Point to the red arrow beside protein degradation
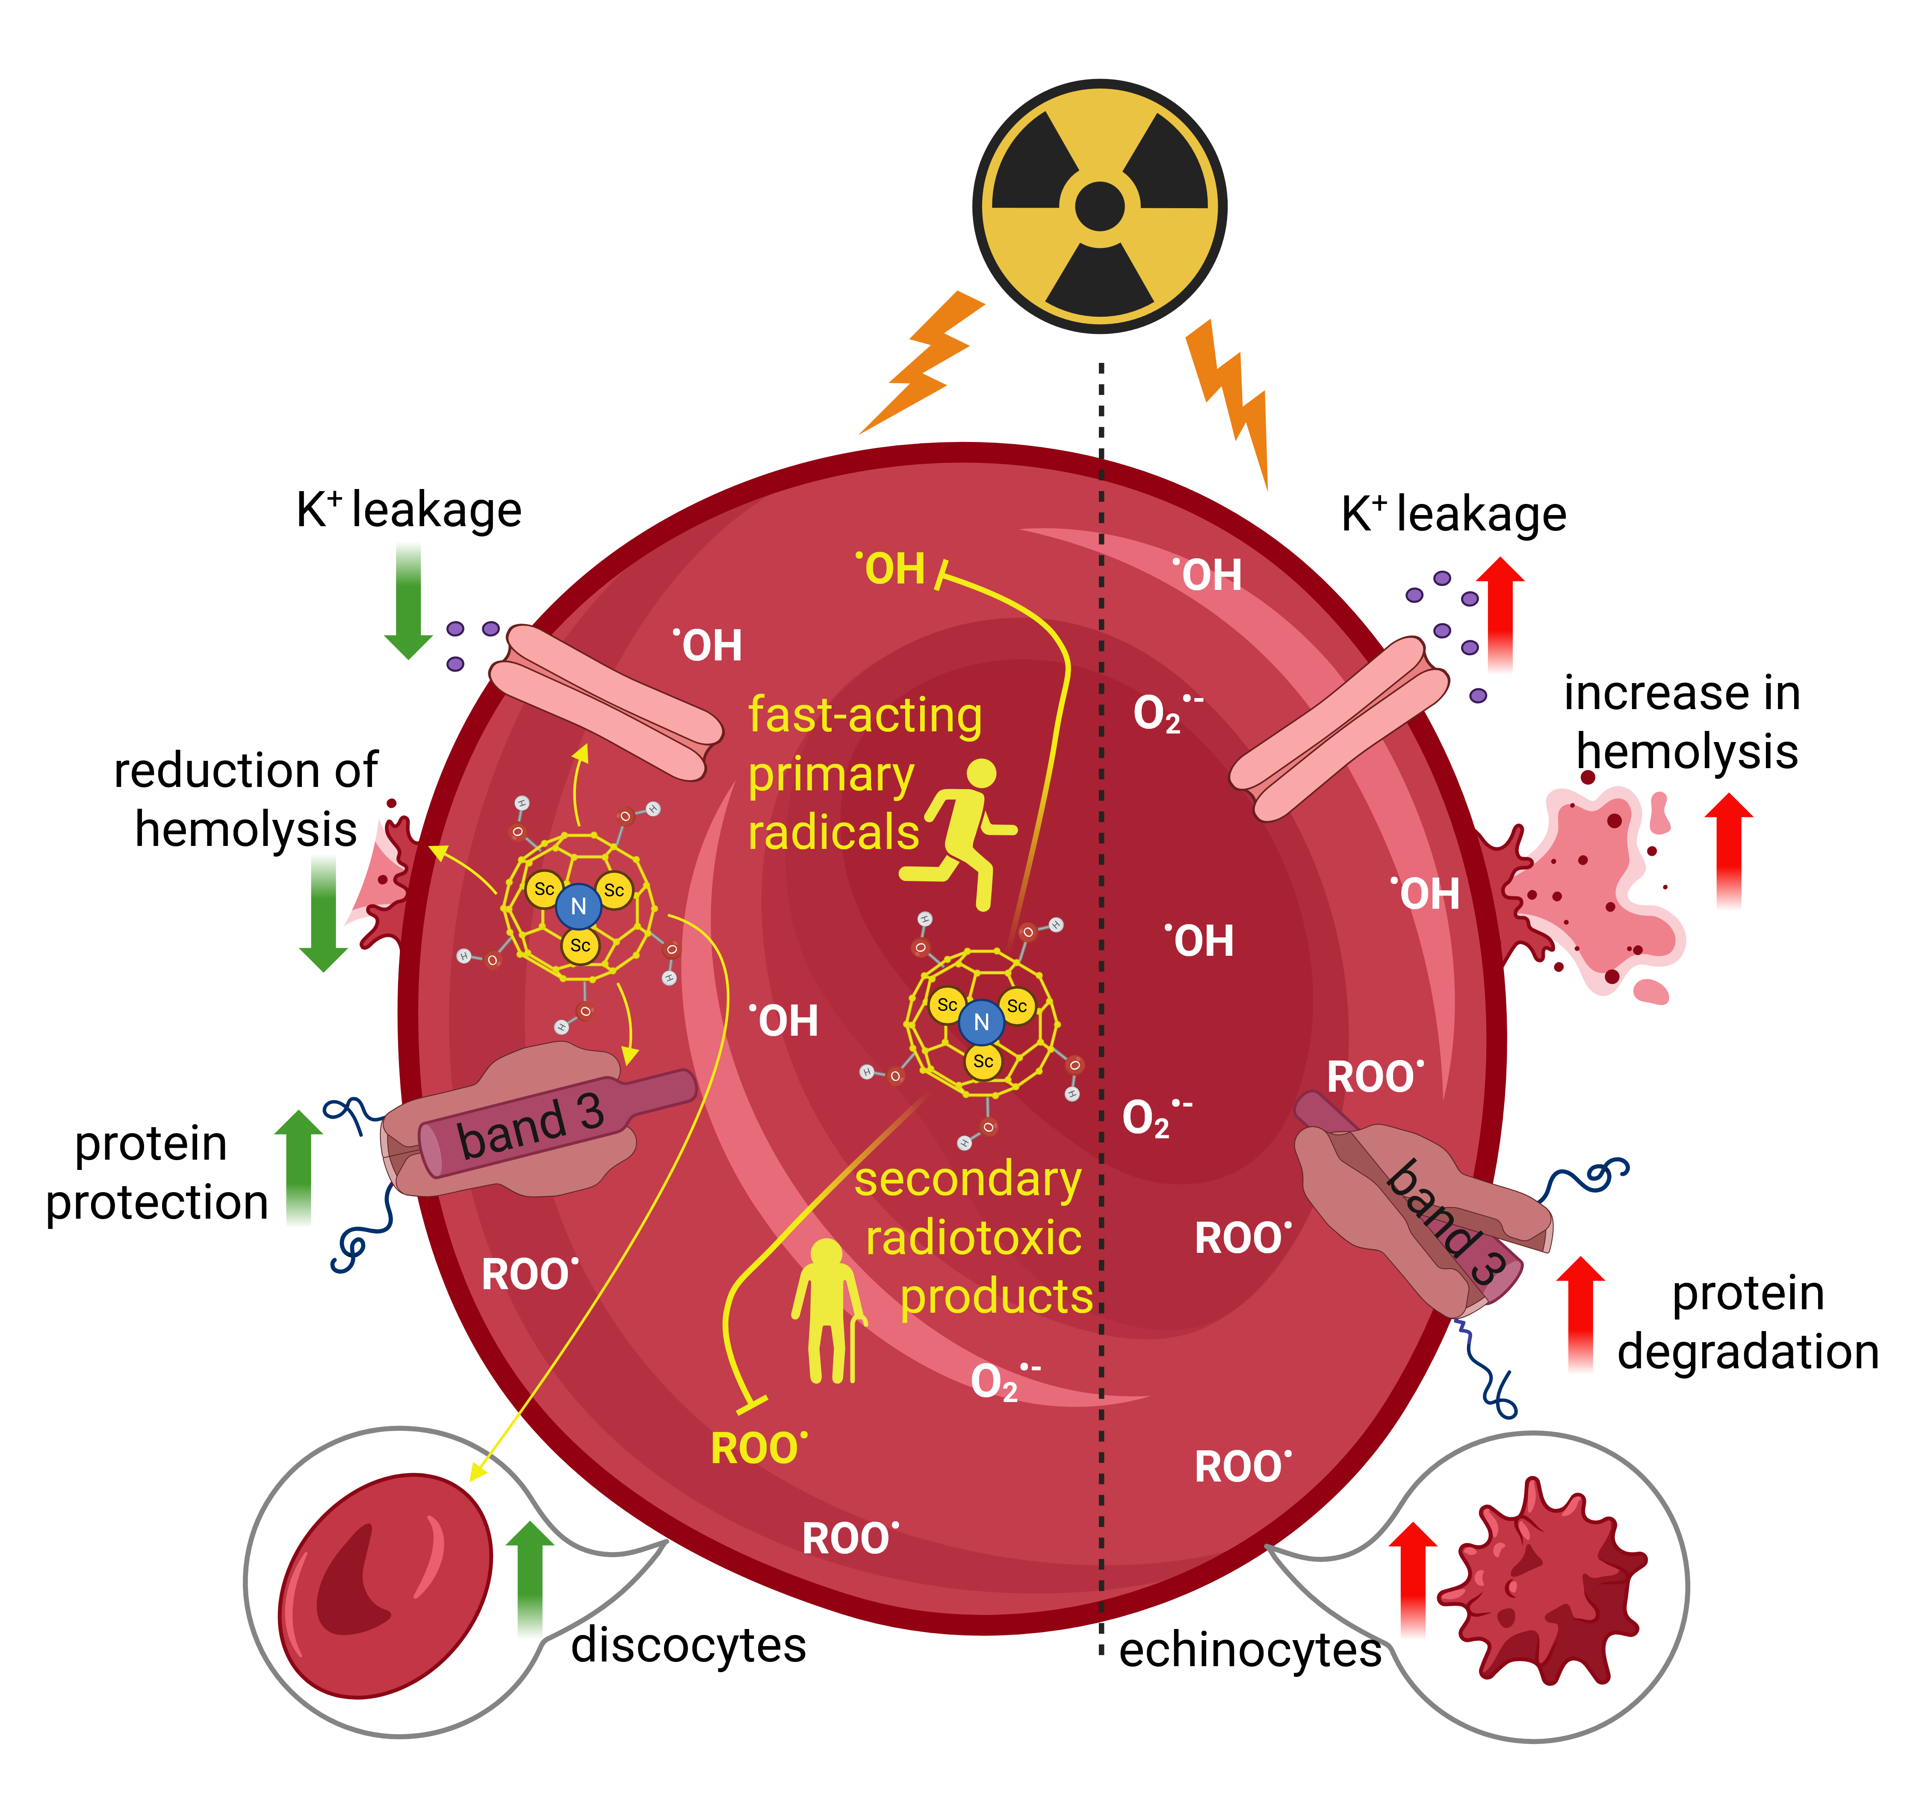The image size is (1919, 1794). (x=1580, y=1312)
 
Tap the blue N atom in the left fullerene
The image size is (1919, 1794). (x=578, y=906)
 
